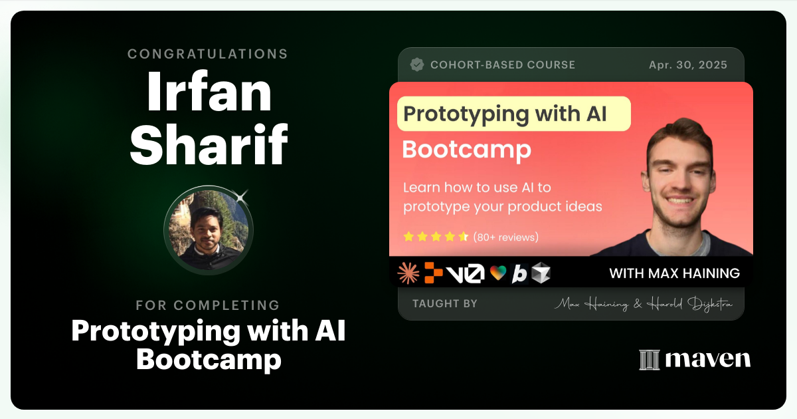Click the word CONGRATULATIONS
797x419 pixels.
point(208,54)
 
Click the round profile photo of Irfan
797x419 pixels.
point(209,230)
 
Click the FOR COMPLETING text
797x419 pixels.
point(208,305)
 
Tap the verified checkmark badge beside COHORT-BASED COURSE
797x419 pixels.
point(417,65)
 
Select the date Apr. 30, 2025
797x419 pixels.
point(687,65)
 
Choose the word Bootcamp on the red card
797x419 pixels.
point(466,149)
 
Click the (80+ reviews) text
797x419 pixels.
point(505,237)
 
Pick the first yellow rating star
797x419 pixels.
point(409,237)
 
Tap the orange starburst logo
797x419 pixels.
point(408,273)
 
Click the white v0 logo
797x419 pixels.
point(465,273)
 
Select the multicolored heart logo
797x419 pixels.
point(497,273)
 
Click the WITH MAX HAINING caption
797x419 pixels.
point(674,273)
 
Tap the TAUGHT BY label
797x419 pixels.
point(444,304)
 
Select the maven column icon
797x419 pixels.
point(649,360)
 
